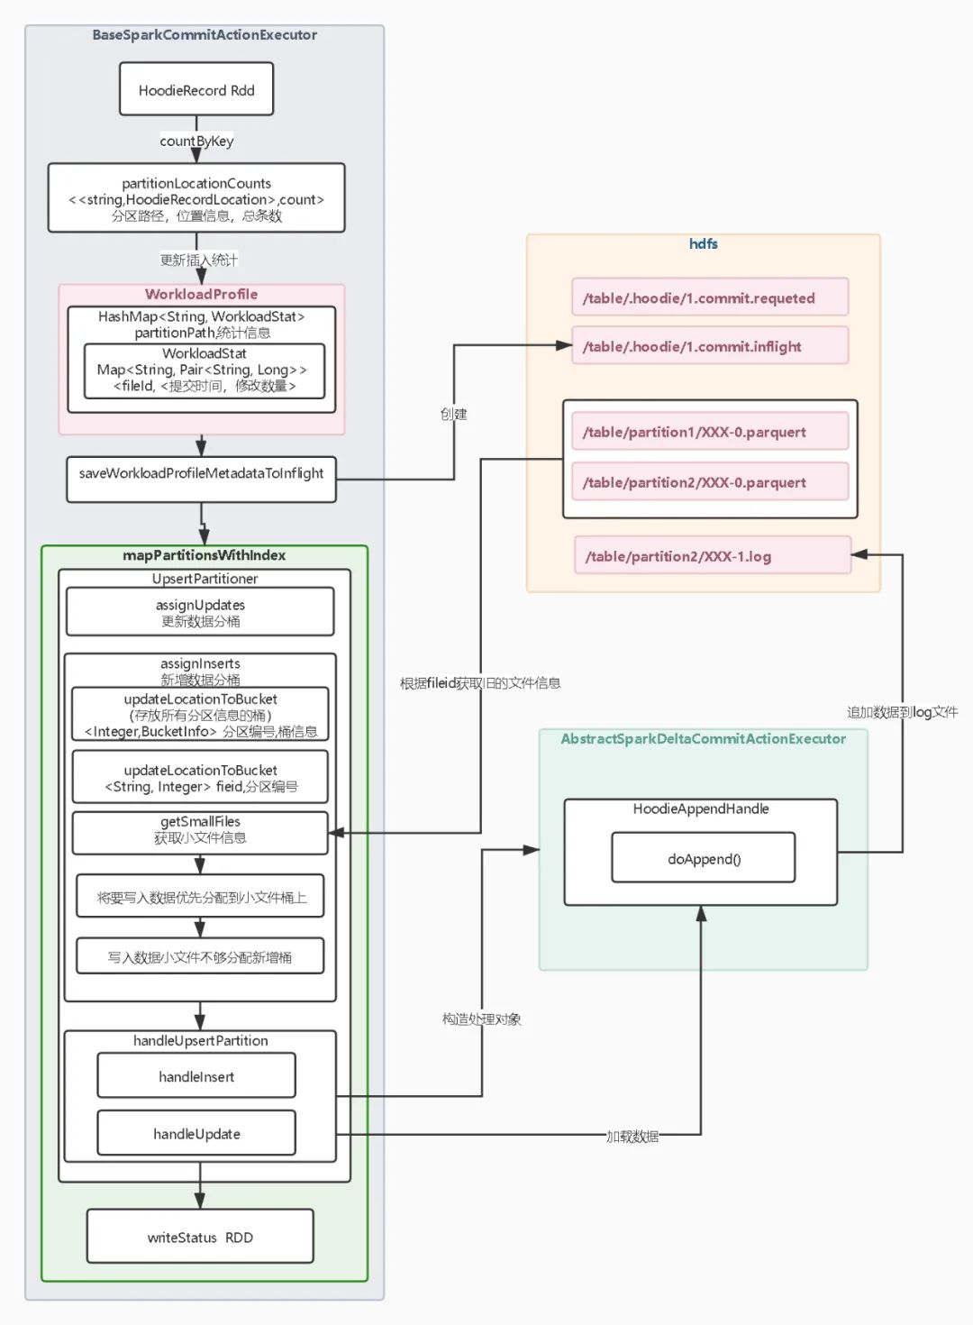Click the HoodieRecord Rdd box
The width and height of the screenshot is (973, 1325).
[x=196, y=89]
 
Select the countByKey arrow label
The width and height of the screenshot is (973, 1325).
[x=196, y=141]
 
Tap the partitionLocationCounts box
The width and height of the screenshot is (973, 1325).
[x=196, y=198]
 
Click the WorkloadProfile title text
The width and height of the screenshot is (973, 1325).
[x=201, y=294]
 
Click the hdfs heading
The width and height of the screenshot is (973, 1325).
[x=703, y=243]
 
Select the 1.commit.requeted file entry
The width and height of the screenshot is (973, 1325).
[x=709, y=297]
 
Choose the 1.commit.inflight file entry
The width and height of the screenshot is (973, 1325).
[x=709, y=346]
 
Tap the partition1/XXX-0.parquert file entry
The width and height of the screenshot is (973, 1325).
[x=709, y=432]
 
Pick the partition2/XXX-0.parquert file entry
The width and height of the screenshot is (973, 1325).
[x=709, y=482]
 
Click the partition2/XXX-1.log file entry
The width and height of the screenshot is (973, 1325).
[x=712, y=556]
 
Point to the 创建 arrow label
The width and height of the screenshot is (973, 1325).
[x=453, y=414]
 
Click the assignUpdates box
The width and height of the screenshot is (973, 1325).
[x=200, y=612]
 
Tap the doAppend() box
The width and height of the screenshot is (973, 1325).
[x=703, y=858]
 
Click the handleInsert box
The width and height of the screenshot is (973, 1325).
[x=196, y=1076]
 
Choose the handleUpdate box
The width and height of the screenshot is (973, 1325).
[x=196, y=1133]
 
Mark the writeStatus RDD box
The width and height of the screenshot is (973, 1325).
[x=200, y=1237]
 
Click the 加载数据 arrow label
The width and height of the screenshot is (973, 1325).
[x=632, y=1136]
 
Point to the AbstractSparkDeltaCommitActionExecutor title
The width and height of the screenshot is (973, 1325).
[x=703, y=738]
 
